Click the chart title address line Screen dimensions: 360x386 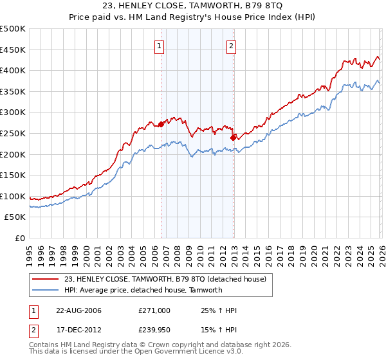(193, 6)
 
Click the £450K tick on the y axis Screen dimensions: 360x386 (13, 50)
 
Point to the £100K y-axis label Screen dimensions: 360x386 (13, 197)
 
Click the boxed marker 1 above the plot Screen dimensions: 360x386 (159, 46)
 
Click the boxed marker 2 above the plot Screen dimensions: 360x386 (231, 46)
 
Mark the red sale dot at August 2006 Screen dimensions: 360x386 (161, 125)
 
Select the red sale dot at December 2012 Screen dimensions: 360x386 (233, 138)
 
